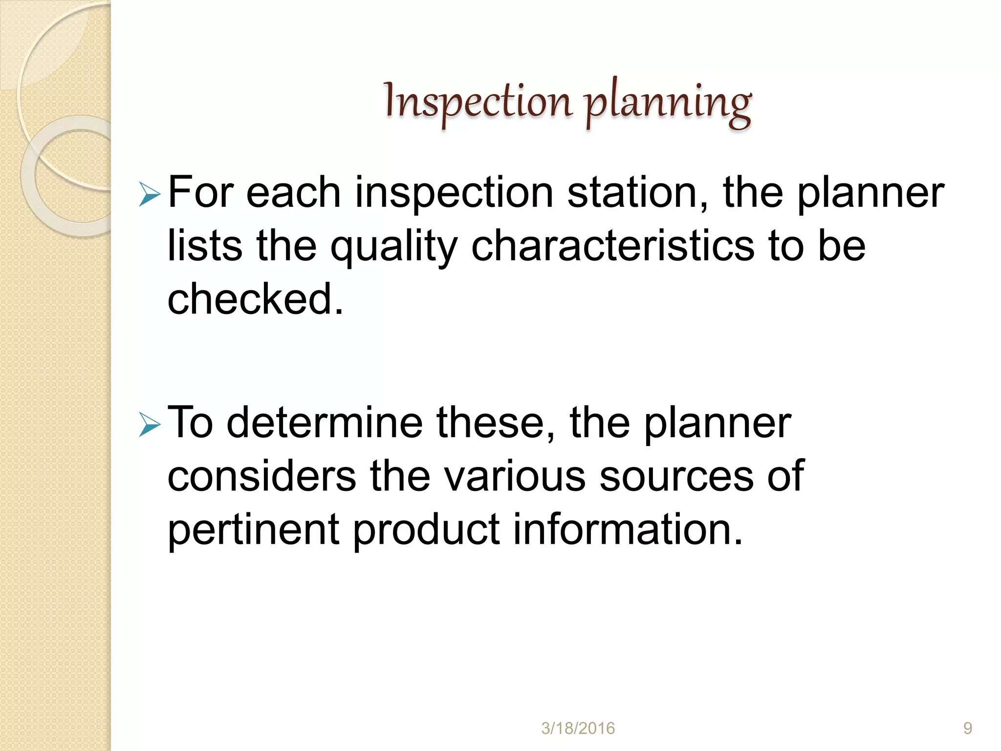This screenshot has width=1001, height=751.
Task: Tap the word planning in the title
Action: pos(668,104)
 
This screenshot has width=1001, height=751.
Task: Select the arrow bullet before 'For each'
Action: pos(149,194)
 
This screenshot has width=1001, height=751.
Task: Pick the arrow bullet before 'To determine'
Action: pos(149,424)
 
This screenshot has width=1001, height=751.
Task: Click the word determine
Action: pos(325,422)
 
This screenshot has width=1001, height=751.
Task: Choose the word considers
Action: pos(261,476)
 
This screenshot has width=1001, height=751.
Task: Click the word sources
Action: pos(676,476)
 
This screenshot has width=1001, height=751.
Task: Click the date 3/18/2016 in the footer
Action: pos(578,729)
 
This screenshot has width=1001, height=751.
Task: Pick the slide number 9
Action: pos(967,729)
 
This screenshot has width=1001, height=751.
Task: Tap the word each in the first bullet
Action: pos(293,193)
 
